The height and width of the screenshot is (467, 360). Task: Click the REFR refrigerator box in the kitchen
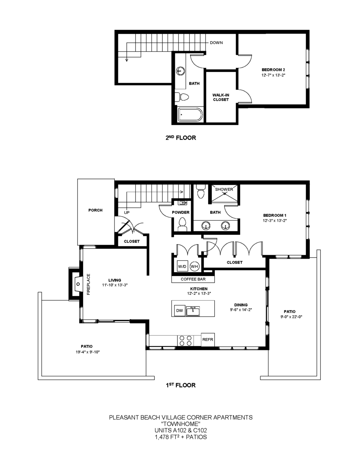(208, 340)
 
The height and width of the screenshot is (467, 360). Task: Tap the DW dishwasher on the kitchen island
(179, 310)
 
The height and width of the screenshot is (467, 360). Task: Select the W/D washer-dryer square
(182, 266)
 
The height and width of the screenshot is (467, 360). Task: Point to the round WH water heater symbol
(195, 266)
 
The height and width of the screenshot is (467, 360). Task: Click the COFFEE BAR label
(193, 279)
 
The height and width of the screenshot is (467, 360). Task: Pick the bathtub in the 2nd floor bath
(190, 115)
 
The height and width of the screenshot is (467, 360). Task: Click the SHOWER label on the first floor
(224, 189)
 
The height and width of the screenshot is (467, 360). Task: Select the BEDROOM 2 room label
(273, 70)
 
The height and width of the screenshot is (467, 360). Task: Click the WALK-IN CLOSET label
(221, 97)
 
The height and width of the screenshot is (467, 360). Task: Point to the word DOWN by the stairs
(216, 43)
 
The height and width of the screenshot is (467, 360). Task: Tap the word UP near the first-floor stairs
(127, 212)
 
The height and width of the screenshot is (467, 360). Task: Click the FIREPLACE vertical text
(88, 284)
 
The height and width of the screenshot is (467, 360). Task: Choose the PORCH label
(96, 210)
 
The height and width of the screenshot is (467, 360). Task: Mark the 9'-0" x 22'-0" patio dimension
(289, 317)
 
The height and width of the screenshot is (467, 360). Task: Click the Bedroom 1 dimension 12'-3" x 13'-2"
(275, 220)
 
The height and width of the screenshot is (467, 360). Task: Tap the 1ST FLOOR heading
(180, 385)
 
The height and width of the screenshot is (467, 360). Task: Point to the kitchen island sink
(193, 311)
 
